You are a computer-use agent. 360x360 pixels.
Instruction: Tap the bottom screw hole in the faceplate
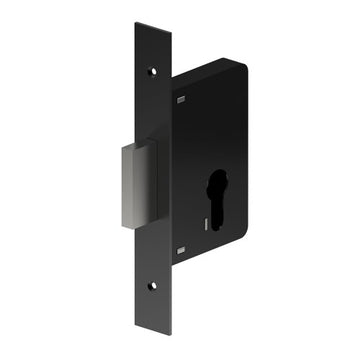point(153,286)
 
